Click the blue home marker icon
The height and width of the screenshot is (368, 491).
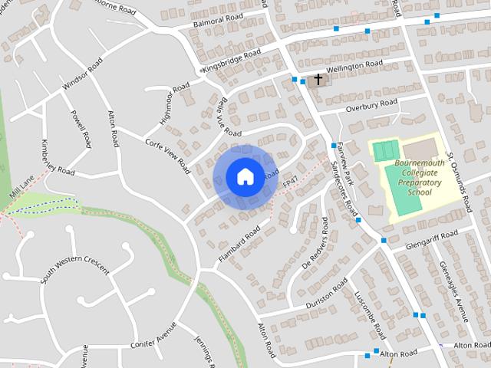pyautogui.click(x=244, y=176)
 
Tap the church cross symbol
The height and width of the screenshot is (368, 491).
pyautogui.click(x=318, y=79)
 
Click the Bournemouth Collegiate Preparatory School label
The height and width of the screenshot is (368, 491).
pyautogui.click(x=419, y=178)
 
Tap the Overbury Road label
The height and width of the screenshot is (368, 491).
pyautogui.click(x=371, y=103)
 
